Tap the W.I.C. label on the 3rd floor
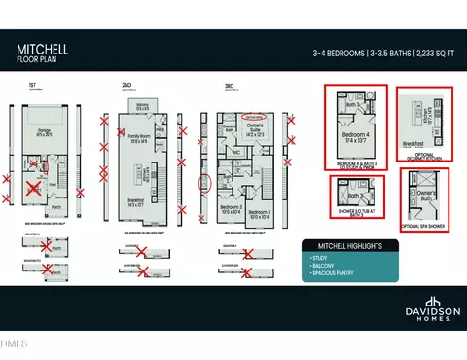[235, 152]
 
